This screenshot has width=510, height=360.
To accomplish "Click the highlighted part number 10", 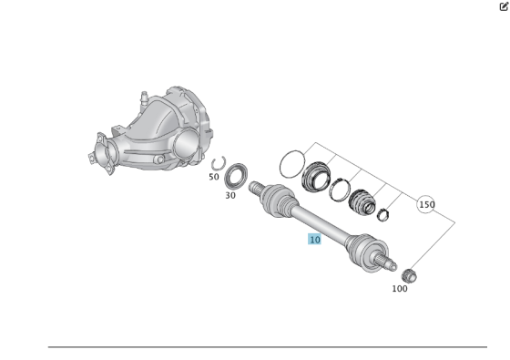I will [x=314, y=240].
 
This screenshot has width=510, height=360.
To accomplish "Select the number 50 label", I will [x=213, y=177].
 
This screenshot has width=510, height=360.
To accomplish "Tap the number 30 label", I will [x=230, y=195].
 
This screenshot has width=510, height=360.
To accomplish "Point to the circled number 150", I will [x=426, y=204].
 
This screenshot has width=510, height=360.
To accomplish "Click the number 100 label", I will [x=400, y=289].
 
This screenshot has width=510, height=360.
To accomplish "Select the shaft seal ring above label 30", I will [x=238, y=174].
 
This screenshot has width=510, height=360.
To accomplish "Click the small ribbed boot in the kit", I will [x=362, y=202].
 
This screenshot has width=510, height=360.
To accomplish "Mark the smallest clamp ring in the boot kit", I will [x=383, y=216].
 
